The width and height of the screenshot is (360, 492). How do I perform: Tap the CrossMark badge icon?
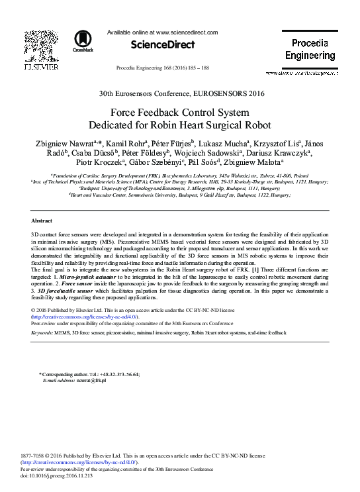tap(83, 41)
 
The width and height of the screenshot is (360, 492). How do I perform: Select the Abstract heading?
tap(42, 220)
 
